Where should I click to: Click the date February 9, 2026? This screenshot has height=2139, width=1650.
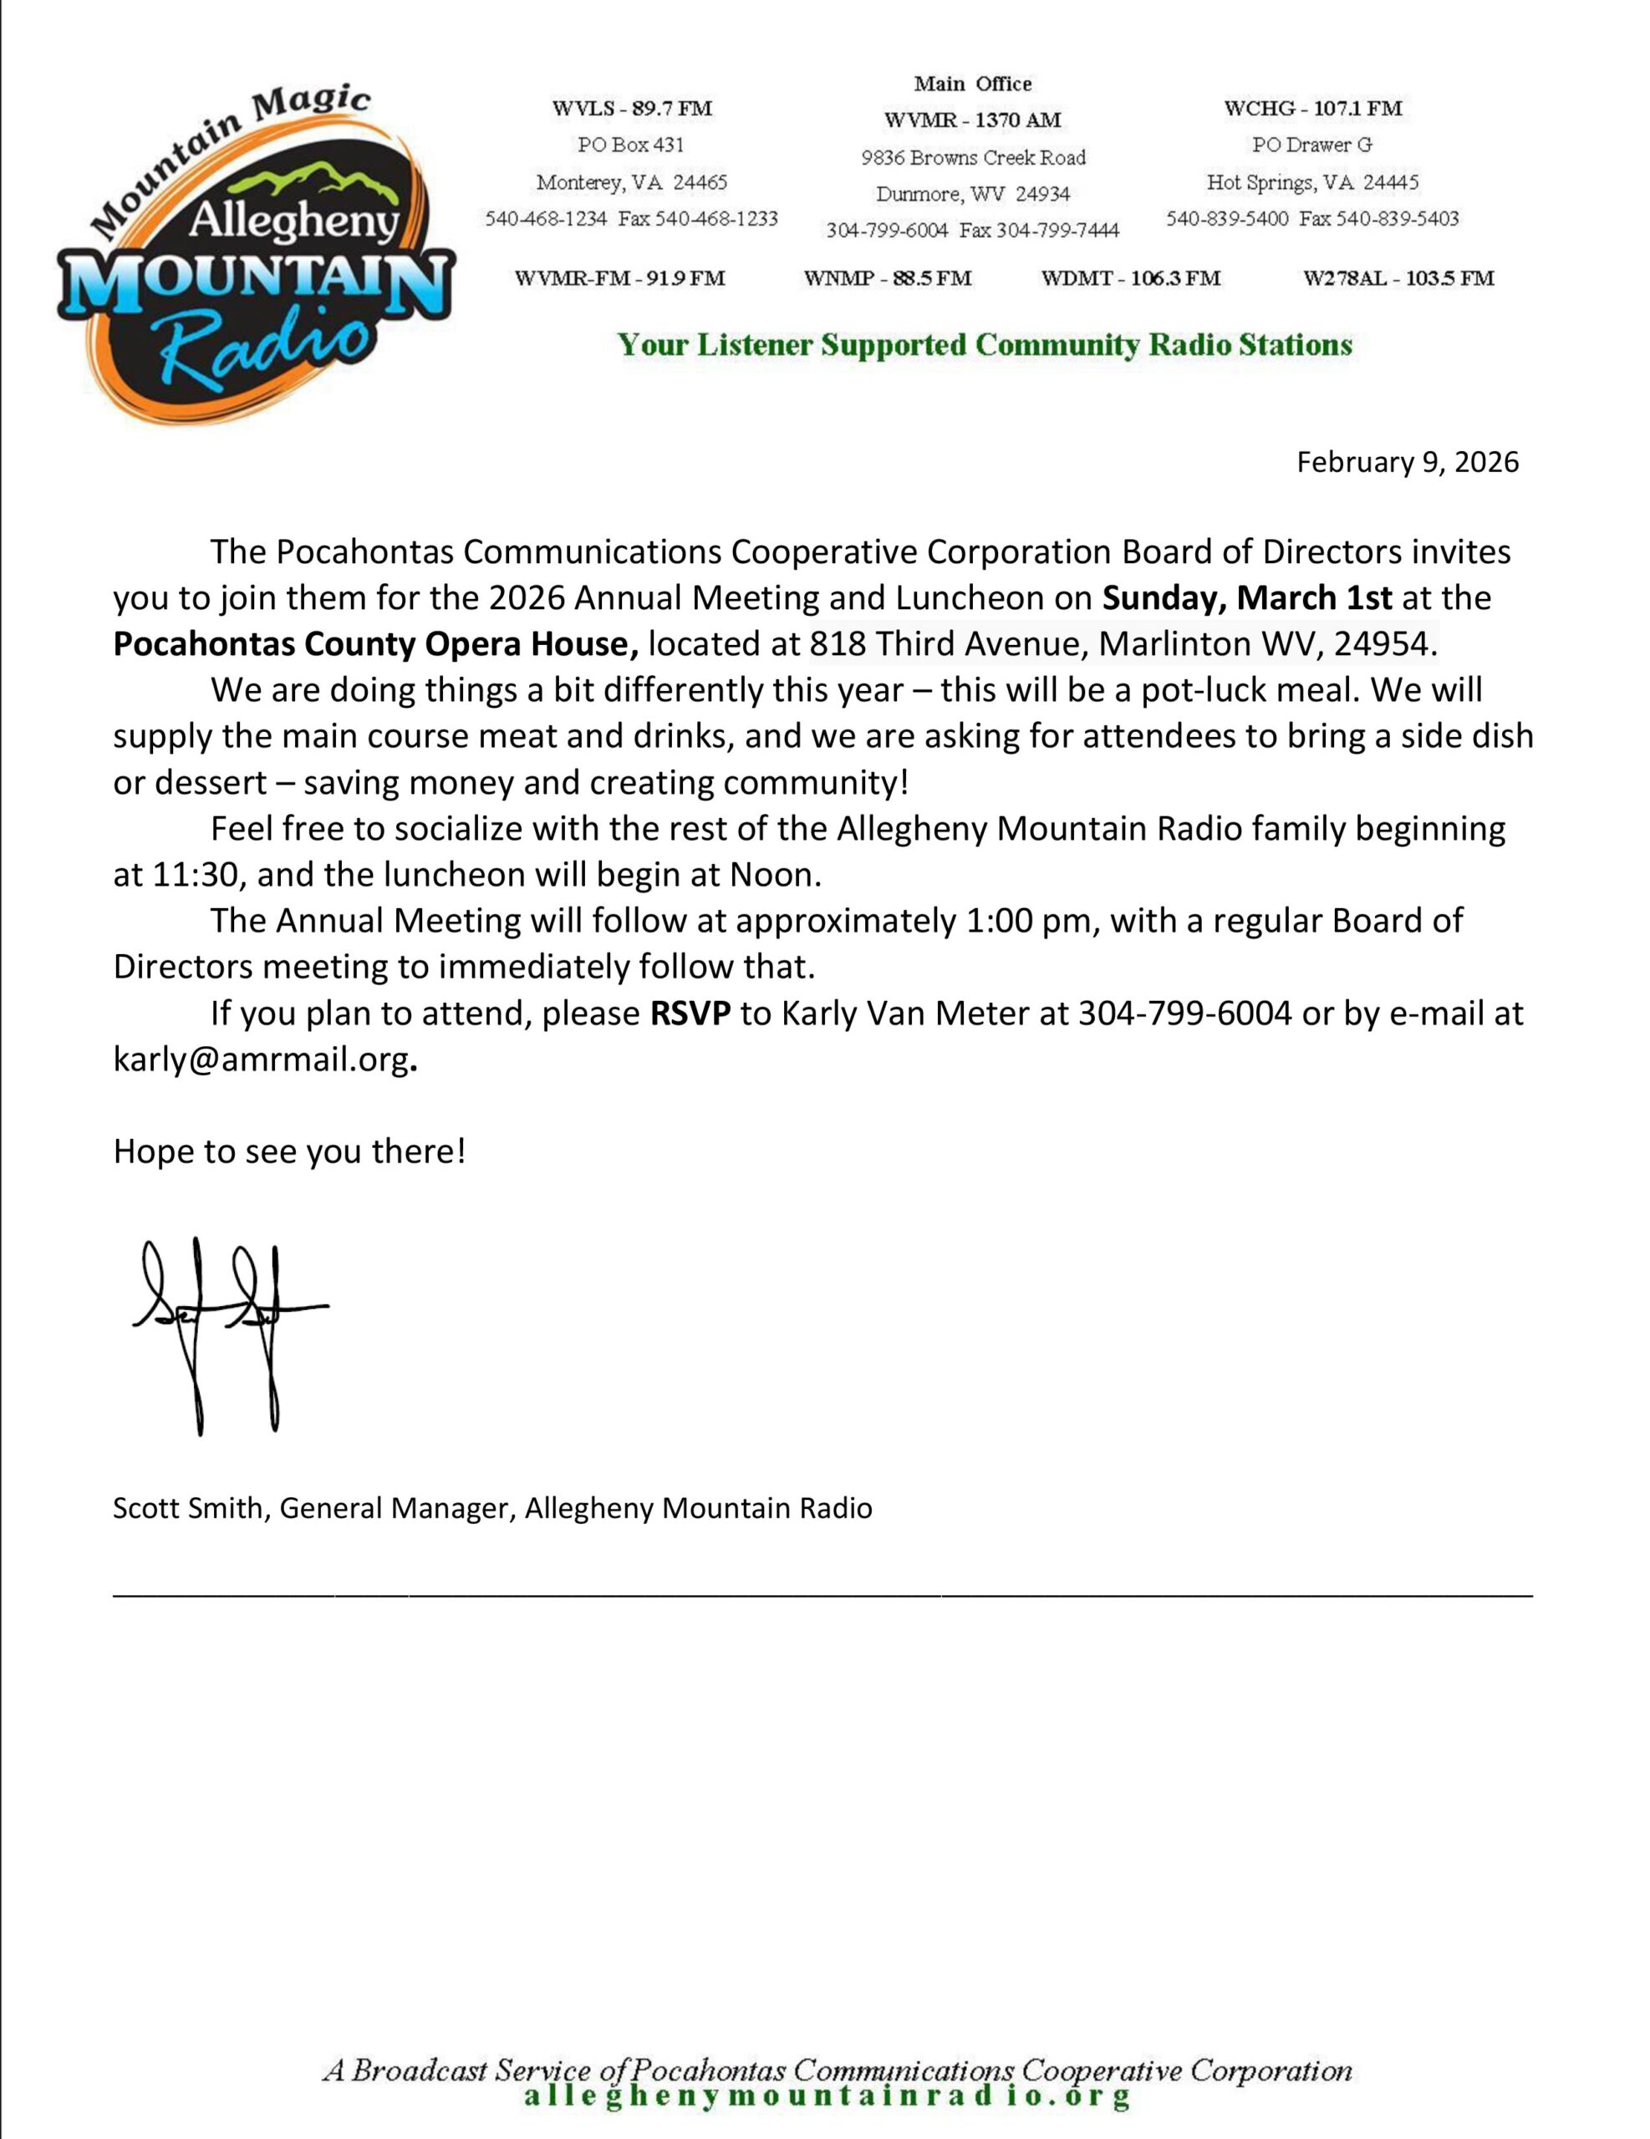coord(1407,462)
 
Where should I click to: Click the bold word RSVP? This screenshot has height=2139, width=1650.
coord(690,1014)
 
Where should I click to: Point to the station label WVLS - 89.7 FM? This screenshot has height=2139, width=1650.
coord(631,108)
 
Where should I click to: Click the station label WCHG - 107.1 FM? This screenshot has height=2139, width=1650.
coord(1312,108)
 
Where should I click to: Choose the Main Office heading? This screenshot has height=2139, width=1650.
coord(972,84)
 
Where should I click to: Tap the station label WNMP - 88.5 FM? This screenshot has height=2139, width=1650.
coord(887,278)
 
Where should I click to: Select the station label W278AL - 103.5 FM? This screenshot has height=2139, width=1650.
coord(1398,278)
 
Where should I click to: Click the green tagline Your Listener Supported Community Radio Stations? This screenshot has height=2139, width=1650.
coord(984,345)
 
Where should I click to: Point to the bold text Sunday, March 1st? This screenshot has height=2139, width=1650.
coord(1246,598)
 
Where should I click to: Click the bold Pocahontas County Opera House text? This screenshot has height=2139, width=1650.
coord(376,644)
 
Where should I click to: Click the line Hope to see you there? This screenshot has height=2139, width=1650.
coord(289,1151)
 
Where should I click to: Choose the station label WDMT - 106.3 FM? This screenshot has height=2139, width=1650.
coord(1131,278)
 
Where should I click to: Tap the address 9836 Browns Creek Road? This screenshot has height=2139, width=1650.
coord(973,158)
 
